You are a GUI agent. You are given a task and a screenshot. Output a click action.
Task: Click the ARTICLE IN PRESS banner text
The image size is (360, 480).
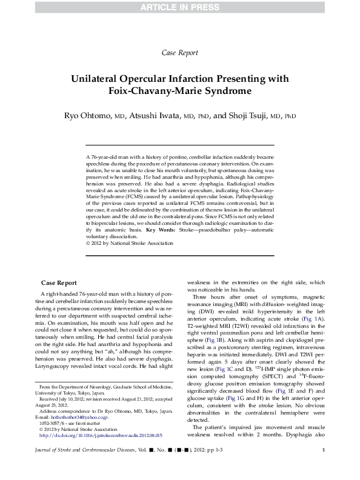click(180, 7)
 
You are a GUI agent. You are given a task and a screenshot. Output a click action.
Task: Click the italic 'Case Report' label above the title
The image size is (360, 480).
click(180, 53)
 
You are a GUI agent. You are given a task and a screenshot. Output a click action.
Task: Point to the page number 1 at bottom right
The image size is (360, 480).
click(324, 466)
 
